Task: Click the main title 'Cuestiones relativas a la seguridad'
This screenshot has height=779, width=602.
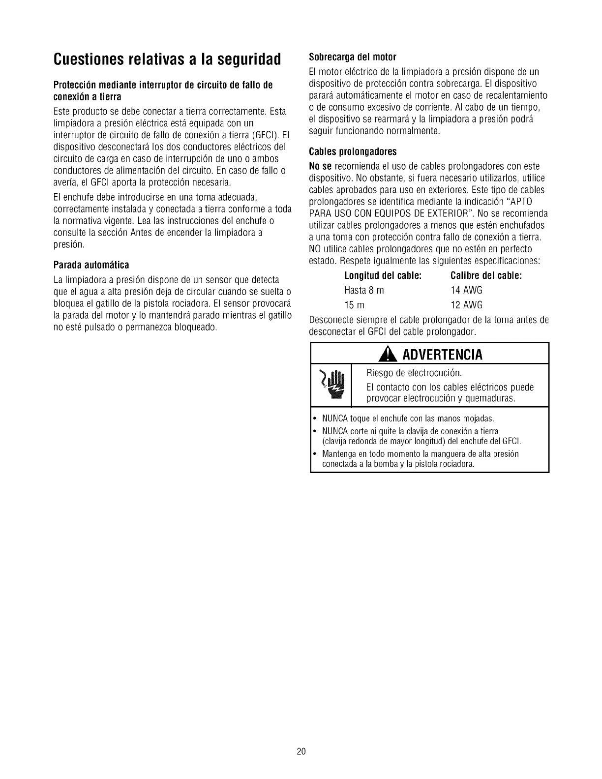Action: coord(167,60)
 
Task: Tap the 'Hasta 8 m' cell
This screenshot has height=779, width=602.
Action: coord(364,290)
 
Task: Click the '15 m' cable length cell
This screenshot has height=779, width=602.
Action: coord(354,304)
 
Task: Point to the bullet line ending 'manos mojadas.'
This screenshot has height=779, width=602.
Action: coord(408,419)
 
